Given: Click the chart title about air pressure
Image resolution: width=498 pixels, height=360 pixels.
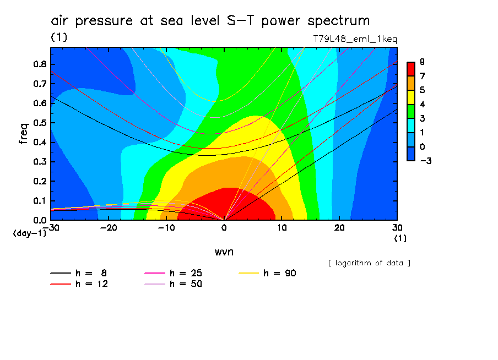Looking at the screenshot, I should (210, 21).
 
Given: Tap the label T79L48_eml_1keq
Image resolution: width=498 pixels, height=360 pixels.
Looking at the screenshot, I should (355, 39).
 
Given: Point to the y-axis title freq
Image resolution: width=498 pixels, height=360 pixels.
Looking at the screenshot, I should (23, 133).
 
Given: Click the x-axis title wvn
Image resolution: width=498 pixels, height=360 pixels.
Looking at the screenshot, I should (223, 251).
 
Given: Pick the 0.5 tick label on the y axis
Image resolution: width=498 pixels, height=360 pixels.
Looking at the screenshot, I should (39, 123).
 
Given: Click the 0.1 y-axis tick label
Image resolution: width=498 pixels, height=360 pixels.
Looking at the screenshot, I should (39, 201).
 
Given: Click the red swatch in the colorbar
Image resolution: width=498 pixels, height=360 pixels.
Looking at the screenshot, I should (410, 68).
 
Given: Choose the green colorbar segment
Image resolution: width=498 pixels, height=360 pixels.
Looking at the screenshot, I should (410, 111).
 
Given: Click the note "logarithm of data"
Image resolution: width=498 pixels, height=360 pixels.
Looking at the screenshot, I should (369, 263).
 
